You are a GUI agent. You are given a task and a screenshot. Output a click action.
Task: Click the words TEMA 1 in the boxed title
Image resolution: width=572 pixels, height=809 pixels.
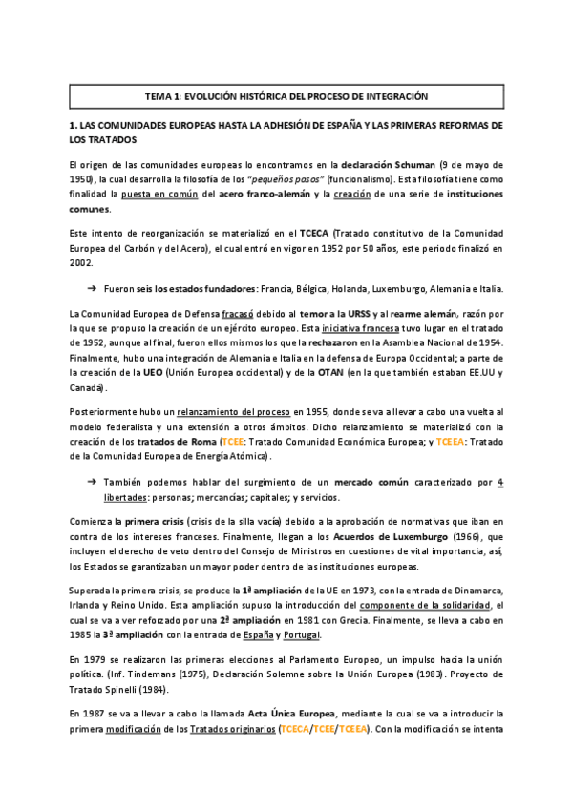(x=164, y=96)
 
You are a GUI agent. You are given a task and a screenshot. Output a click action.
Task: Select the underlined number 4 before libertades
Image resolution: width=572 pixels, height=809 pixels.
(x=500, y=483)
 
